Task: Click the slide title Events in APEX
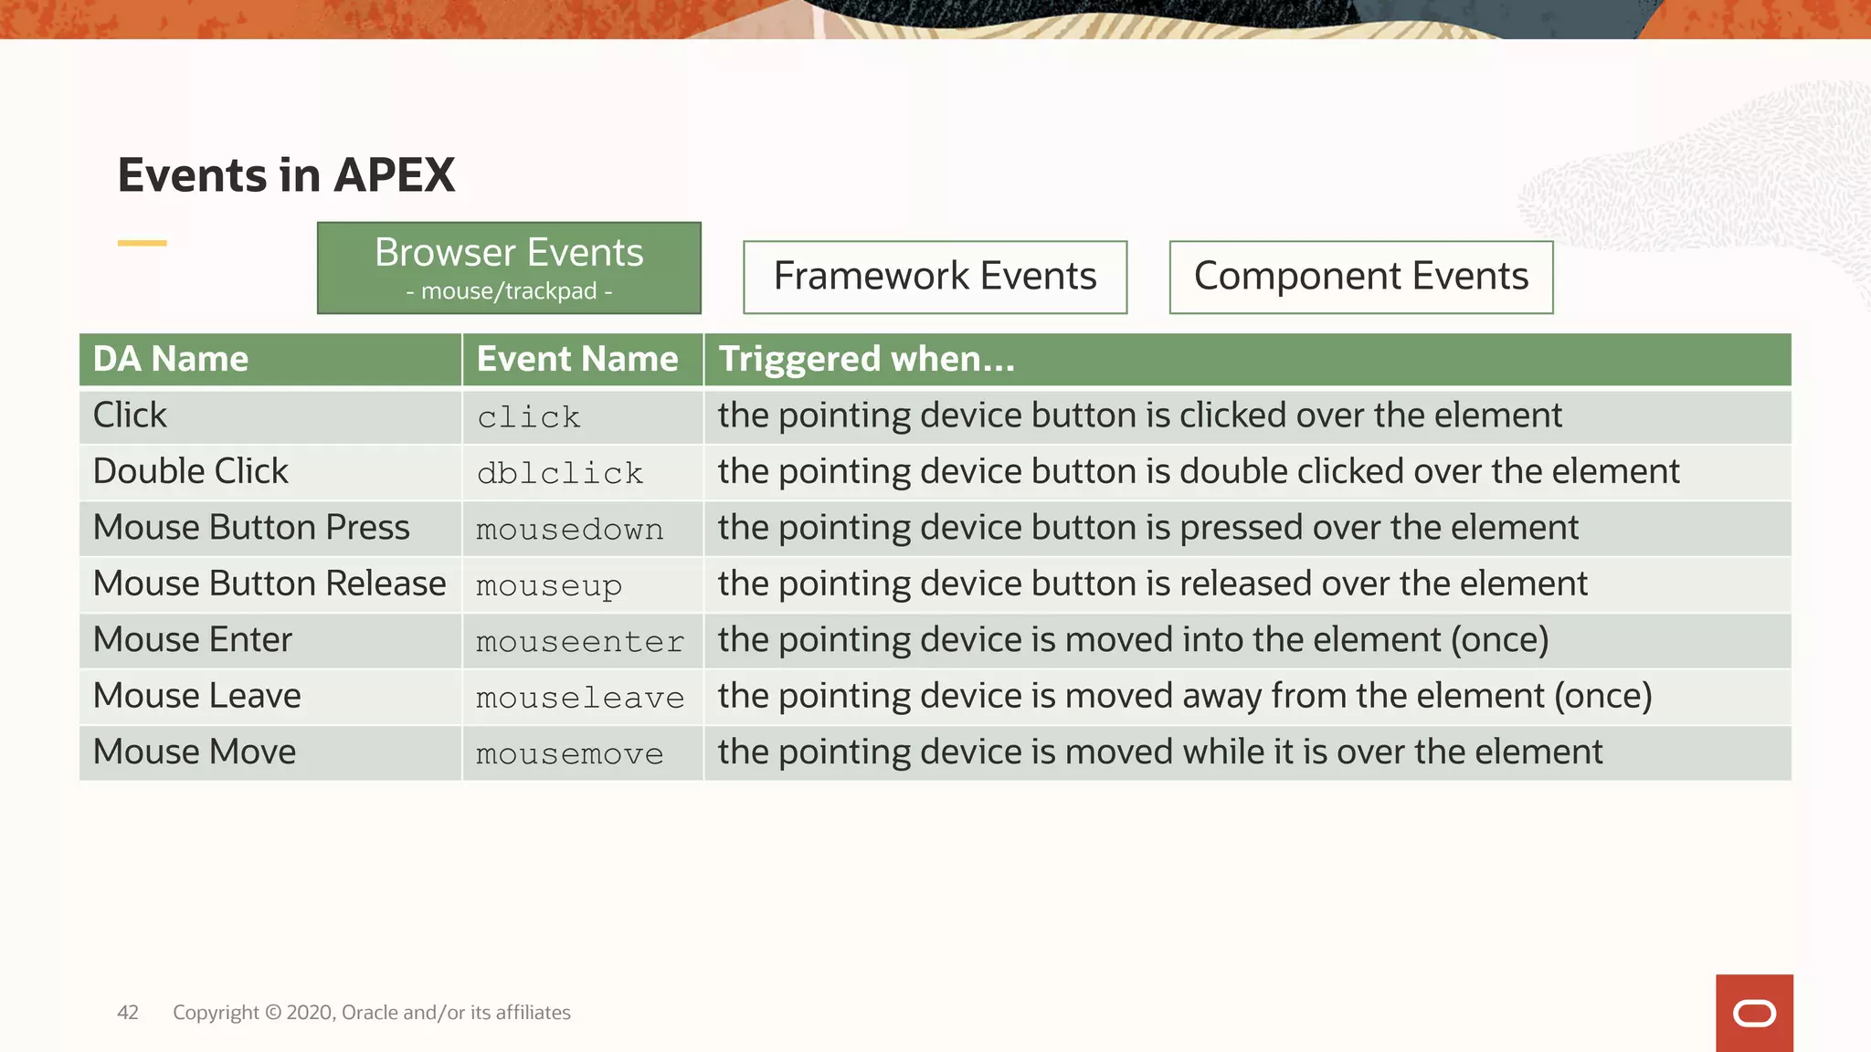pyautogui.click(x=286, y=174)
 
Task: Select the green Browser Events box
pyautogui.click(x=509, y=268)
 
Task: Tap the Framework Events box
pyautogui.click(x=935, y=277)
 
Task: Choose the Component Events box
pyautogui.click(x=1360, y=277)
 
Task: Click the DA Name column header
pyautogui.click(x=171, y=359)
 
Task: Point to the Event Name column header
pyautogui.click(x=577, y=359)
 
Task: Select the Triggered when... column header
pyautogui.click(x=866, y=359)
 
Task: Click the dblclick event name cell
pyautogui.click(x=560, y=473)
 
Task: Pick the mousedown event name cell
pyautogui.click(x=569, y=530)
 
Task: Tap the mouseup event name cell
pyautogui.click(x=549, y=585)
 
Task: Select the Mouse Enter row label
pyautogui.click(x=193, y=639)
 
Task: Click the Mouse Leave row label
pyautogui.click(x=197, y=696)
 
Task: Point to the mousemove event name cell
pyautogui.click(x=569, y=754)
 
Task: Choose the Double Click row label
pyautogui.click(x=191, y=471)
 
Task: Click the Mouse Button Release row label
pyautogui.click(x=270, y=584)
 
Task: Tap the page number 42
pyautogui.click(x=128, y=1013)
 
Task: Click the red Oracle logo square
pyautogui.click(x=1754, y=1013)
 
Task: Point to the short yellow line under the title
pyautogui.click(x=143, y=243)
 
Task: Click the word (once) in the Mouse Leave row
pyautogui.click(x=1603, y=696)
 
